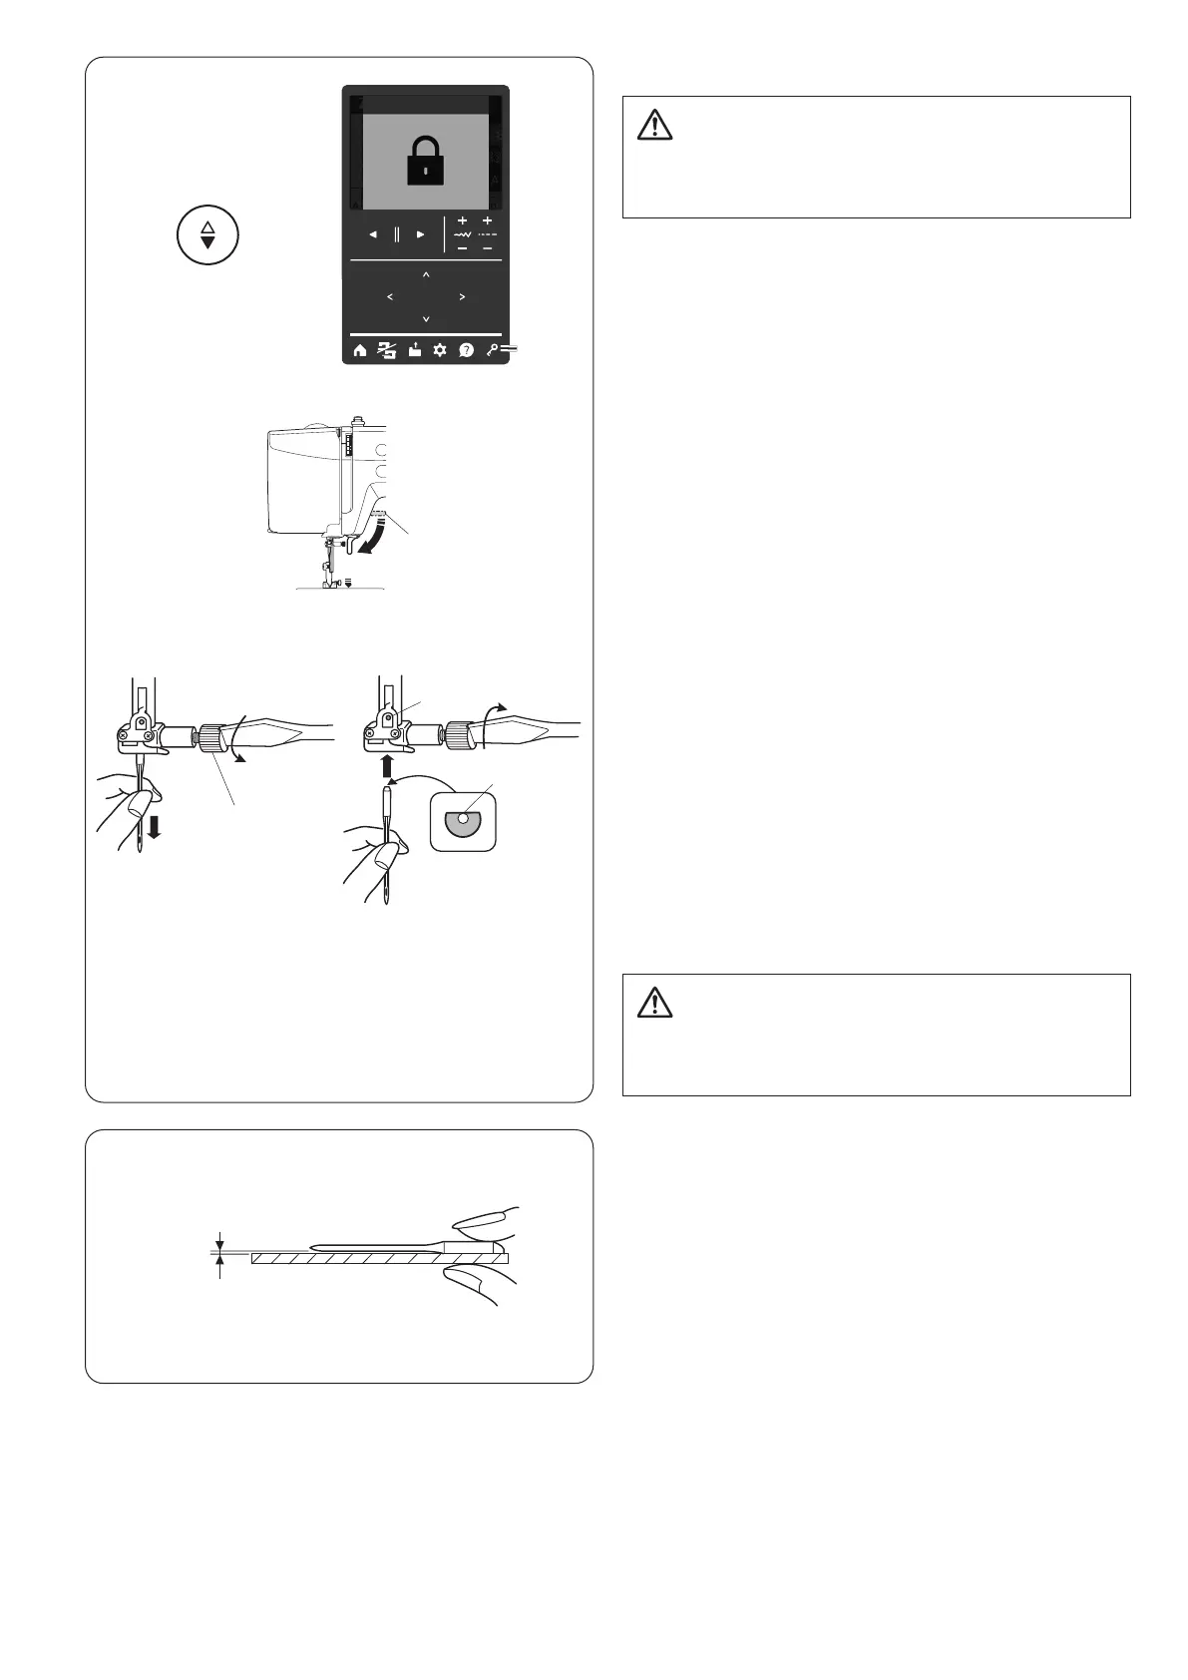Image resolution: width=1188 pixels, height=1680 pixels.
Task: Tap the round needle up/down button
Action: (x=207, y=235)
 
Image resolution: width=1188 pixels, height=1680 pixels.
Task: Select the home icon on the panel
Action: (x=360, y=350)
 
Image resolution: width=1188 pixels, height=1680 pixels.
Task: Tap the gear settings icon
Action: (x=440, y=350)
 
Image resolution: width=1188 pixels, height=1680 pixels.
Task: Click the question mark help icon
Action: (x=466, y=350)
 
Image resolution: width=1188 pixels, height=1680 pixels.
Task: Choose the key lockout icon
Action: (x=492, y=349)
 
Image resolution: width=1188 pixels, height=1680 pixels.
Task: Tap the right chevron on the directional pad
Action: (x=463, y=297)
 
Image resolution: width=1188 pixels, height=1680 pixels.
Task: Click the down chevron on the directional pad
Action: (x=426, y=319)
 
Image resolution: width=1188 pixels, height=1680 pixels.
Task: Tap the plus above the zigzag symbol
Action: (x=462, y=220)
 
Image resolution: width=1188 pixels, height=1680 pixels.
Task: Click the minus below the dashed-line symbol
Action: (x=487, y=247)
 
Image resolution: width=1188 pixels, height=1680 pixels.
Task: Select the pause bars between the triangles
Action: (x=397, y=234)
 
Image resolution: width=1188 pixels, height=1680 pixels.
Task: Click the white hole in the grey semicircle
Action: (x=463, y=817)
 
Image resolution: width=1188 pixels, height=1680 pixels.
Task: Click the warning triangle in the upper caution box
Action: (x=654, y=123)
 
